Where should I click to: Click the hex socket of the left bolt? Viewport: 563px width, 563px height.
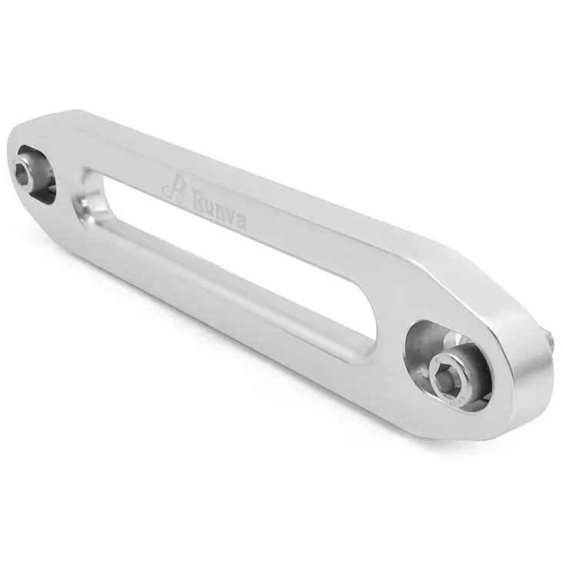pos(22,172)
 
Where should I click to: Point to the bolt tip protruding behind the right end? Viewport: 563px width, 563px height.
pos(549,340)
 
